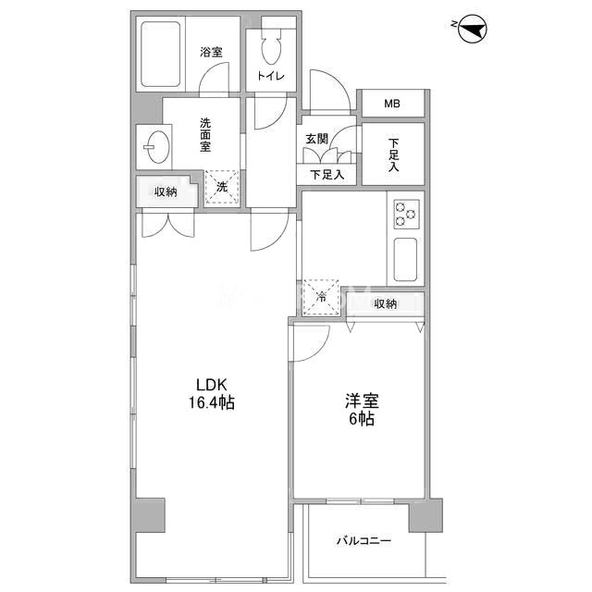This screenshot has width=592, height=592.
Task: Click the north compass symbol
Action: [472, 29]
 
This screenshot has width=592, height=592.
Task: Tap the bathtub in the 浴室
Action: [160, 54]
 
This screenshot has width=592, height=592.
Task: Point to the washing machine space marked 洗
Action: [222, 187]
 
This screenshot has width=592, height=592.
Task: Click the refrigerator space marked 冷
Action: [321, 297]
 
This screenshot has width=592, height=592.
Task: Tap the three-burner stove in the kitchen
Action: [407, 214]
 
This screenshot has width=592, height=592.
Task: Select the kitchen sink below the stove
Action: [405, 259]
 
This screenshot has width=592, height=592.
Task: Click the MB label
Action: [392, 104]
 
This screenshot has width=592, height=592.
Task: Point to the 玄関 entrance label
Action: [316, 139]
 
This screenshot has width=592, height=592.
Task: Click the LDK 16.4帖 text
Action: [212, 394]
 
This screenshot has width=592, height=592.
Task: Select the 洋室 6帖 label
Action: [362, 410]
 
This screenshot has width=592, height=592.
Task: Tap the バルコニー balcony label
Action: [364, 541]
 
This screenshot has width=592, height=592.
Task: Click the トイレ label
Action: [271, 76]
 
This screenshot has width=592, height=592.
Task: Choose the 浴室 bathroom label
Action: [211, 52]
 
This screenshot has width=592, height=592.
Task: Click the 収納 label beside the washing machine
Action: [166, 191]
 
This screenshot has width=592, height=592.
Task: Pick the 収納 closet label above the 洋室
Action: [385, 303]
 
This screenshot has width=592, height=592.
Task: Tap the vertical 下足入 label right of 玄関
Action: [393, 154]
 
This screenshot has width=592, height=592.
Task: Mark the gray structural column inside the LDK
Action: [150, 515]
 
